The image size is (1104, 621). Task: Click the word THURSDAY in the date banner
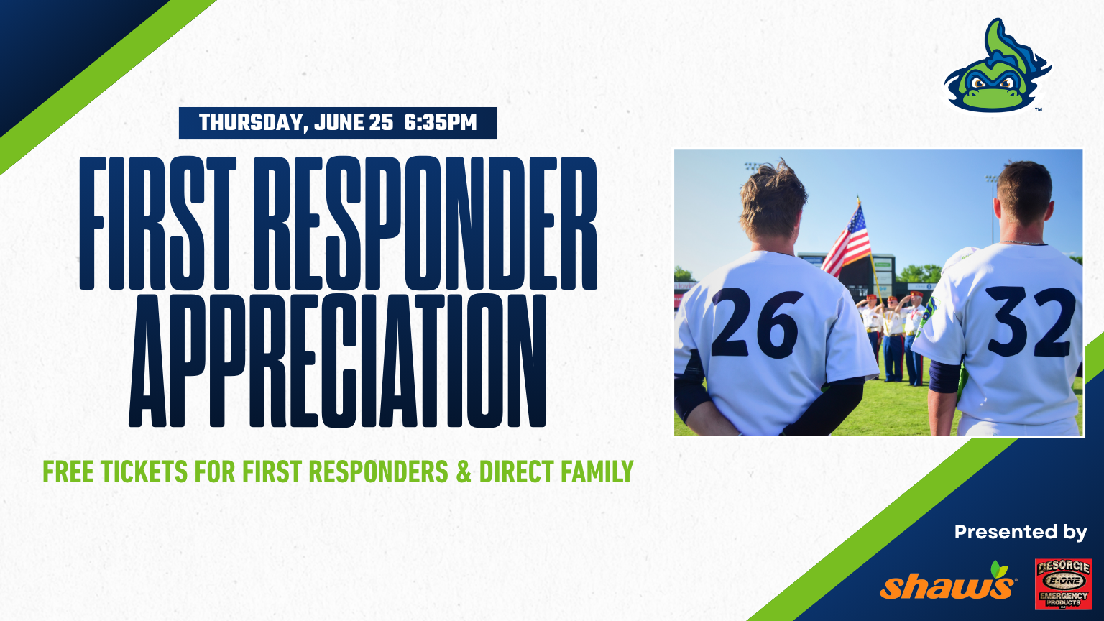[x=254, y=123]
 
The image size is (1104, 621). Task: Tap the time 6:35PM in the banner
[x=441, y=122]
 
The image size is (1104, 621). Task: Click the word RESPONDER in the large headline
[x=425, y=224]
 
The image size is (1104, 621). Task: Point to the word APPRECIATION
[x=337, y=360]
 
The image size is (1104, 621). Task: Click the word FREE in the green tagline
[x=68, y=471]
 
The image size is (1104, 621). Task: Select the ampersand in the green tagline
[x=464, y=471]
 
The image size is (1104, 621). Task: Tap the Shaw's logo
[x=947, y=581]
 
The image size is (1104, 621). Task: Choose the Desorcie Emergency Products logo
[x=1064, y=584]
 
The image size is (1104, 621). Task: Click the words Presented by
[x=1021, y=533]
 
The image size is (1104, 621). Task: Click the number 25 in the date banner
[x=380, y=122]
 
